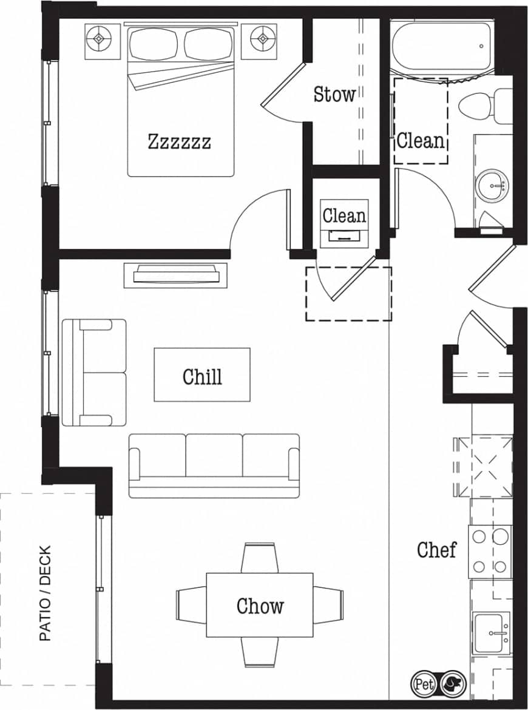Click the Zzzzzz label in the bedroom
tap(180, 142)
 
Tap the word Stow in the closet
tap(334, 94)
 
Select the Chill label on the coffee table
tap(202, 376)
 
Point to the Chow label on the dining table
tap(260, 606)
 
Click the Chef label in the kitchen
tap(436, 550)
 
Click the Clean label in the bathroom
tap(421, 141)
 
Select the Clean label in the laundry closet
tap(344, 215)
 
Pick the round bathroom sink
tap(492, 183)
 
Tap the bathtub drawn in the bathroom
tap(442, 45)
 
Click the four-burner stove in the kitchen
tap(489, 552)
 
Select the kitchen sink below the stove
tap(491, 633)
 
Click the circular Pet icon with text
tap(424, 684)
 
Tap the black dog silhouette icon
tap(451, 684)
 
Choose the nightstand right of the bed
tap(263, 39)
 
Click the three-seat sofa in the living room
tap(214, 464)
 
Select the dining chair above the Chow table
tap(260, 558)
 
